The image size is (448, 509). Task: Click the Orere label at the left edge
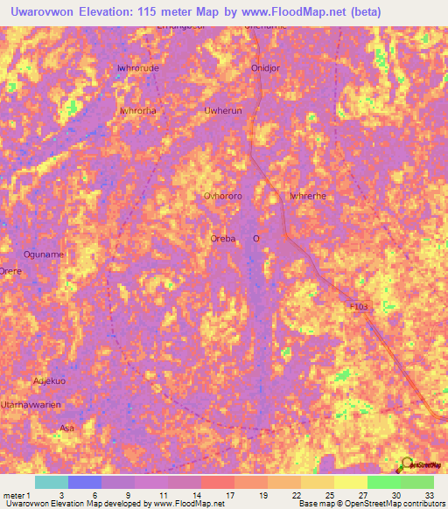tap(10, 271)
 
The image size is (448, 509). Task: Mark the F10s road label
tap(360, 307)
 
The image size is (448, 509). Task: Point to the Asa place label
tap(66, 428)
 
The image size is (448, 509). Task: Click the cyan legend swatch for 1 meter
tap(51, 482)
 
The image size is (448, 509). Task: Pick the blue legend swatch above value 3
tap(85, 482)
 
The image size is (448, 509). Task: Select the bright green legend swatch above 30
tap(383, 482)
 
